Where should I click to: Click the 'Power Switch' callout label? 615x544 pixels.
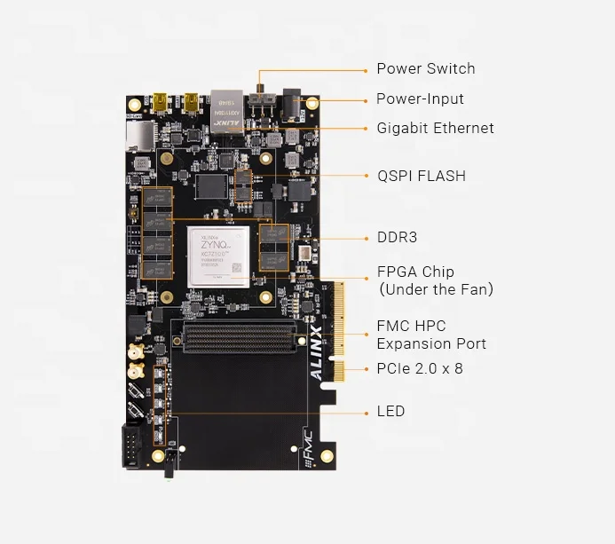[425, 68]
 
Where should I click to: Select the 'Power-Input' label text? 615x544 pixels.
[420, 99]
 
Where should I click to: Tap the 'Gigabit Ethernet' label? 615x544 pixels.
[435, 128]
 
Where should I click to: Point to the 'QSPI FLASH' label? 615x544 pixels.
[421, 176]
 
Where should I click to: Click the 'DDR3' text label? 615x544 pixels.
[397, 238]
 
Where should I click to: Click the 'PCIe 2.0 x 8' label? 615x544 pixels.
[420, 367]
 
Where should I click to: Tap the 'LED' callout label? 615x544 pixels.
[390, 411]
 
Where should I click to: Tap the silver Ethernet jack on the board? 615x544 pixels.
[227, 110]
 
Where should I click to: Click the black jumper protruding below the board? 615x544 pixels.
[168, 471]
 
